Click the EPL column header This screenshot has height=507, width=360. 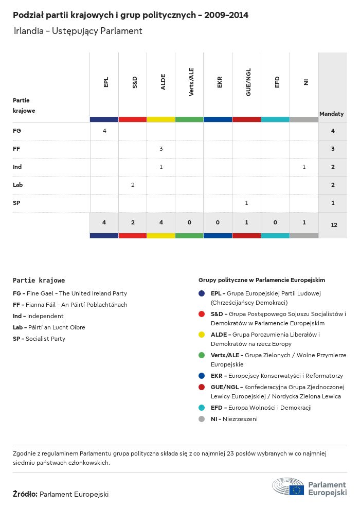(106, 82)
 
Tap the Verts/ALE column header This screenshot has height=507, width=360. (191, 82)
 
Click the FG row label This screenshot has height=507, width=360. (17, 131)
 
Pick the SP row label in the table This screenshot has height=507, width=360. (16, 203)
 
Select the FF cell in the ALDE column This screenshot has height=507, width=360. (161, 149)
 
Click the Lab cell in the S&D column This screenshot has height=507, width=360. (133, 185)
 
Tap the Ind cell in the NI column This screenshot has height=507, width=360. (304, 167)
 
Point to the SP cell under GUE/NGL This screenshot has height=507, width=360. (246, 203)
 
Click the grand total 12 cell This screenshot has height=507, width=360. (334, 225)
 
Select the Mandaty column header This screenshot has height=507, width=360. (332, 114)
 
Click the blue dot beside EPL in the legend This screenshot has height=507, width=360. (202, 293)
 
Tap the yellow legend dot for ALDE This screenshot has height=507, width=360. (202, 335)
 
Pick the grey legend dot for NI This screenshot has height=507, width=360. (202, 419)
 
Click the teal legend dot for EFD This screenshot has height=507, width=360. (202, 408)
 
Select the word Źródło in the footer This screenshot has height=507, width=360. (25, 494)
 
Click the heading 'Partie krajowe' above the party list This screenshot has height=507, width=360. (39, 281)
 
